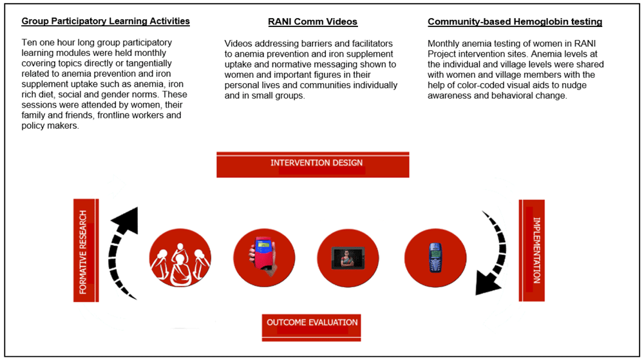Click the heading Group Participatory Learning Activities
106,21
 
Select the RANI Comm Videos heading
312,22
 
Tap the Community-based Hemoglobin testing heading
515,22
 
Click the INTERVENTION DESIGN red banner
313,164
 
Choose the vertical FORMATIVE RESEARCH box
84,251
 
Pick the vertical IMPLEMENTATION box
533,249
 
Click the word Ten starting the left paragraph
30,43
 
